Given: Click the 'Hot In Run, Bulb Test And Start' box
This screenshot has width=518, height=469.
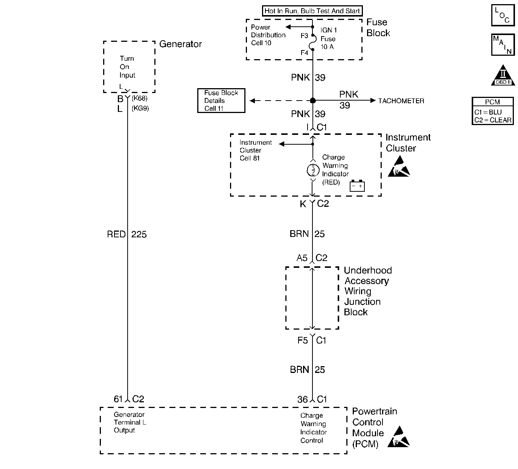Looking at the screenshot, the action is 312,11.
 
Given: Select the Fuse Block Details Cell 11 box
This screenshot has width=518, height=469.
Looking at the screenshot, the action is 221,101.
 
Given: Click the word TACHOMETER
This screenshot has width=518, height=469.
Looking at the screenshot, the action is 401,101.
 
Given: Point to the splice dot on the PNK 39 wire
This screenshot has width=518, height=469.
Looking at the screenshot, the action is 313,101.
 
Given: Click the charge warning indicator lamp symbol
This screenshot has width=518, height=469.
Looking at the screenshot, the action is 313,170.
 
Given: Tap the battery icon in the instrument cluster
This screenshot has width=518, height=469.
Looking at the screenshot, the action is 357,186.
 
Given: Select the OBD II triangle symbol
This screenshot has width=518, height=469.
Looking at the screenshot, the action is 503,75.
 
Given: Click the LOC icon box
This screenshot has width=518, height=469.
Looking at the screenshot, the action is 503,15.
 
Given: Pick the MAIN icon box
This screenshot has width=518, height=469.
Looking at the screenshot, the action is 503,45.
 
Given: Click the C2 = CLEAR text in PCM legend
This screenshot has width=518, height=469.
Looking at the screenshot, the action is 493,120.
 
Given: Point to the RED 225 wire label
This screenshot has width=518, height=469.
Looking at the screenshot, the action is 127,234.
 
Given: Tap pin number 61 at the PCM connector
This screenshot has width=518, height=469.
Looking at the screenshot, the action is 118,399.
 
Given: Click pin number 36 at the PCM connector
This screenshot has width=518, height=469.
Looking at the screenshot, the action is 302,399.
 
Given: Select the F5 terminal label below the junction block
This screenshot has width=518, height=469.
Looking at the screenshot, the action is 303,340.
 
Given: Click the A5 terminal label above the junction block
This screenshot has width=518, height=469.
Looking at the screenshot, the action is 302,258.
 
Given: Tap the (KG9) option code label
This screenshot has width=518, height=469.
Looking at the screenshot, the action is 140,108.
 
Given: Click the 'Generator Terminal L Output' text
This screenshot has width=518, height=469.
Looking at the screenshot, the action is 130,422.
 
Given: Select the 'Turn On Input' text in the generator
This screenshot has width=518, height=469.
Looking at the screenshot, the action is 127,67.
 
